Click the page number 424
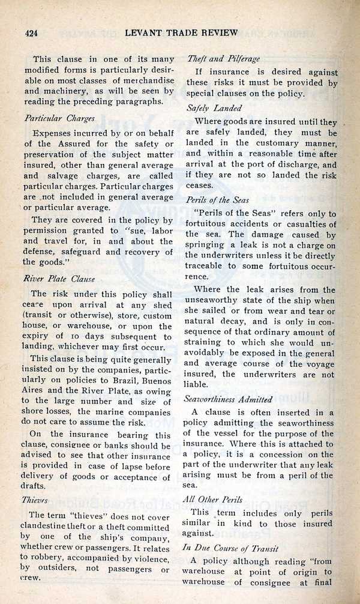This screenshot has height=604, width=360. pyautogui.click(x=28, y=32)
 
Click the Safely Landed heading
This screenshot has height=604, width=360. pyautogui.click(x=214, y=109)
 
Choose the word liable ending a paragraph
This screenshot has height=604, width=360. pyautogui.click(x=197, y=384)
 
